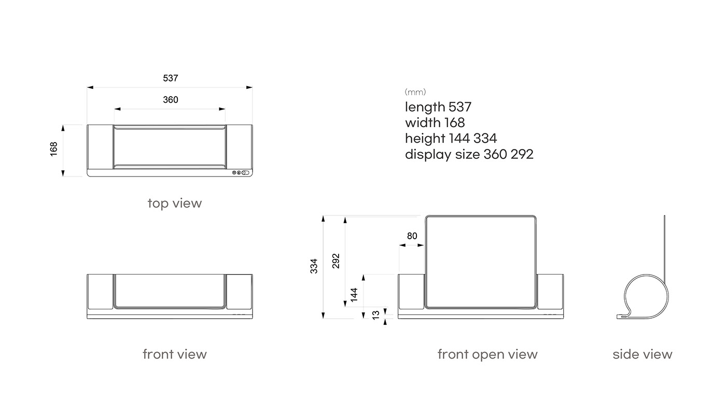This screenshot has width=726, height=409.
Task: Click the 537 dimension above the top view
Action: coord(171,78)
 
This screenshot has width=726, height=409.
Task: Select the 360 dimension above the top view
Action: coord(171,100)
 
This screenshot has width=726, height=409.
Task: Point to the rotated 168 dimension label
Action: coord(53,149)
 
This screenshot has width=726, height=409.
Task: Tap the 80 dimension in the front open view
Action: coord(412,236)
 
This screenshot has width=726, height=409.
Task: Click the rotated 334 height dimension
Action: coord(314,266)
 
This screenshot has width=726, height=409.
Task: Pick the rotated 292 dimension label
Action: coord(336,261)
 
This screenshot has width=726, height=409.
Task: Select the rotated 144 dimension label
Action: coord(354,295)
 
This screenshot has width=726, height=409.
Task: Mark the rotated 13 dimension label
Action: coord(375,315)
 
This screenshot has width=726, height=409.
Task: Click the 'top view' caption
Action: coord(175,203)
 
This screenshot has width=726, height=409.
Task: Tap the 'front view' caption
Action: coord(175,354)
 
